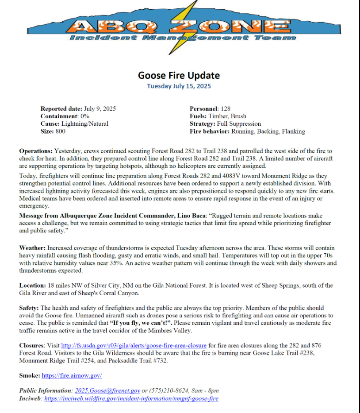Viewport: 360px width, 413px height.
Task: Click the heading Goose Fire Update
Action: [179, 75]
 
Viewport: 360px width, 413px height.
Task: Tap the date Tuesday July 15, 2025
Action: [179, 86]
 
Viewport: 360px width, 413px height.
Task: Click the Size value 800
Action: [61, 131]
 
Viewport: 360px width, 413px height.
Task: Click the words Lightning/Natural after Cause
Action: [85, 124]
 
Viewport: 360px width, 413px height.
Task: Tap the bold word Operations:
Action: [35, 151]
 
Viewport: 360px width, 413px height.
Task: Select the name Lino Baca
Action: [192, 216]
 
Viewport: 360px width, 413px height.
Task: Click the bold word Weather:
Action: [32, 247]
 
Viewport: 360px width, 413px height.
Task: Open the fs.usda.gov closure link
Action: [134, 345]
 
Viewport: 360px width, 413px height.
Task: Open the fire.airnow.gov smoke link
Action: [72, 375]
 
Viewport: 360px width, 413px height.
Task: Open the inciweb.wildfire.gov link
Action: [131, 398]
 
